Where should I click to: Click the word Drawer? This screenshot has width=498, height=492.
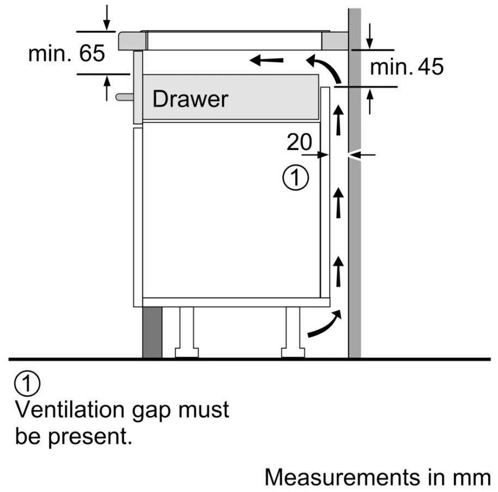click(190, 99)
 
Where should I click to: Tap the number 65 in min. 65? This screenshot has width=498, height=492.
click(92, 53)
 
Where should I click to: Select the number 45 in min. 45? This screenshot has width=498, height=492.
click(430, 67)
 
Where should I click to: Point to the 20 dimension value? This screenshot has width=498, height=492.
click(299, 142)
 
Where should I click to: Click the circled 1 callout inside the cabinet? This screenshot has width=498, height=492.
click(295, 177)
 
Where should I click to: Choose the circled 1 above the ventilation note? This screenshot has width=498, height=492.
click(27, 383)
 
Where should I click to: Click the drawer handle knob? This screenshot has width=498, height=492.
click(124, 97)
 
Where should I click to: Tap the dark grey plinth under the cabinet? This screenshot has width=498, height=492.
click(152, 332)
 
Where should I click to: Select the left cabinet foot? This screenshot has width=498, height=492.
click(187, 332)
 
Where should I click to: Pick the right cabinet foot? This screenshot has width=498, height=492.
click(293, 332)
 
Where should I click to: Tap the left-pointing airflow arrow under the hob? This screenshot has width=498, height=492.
click(266, 60)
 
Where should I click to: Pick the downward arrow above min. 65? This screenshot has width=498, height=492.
click(107, 18)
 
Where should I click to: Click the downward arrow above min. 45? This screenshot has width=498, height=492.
click(369, 36)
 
